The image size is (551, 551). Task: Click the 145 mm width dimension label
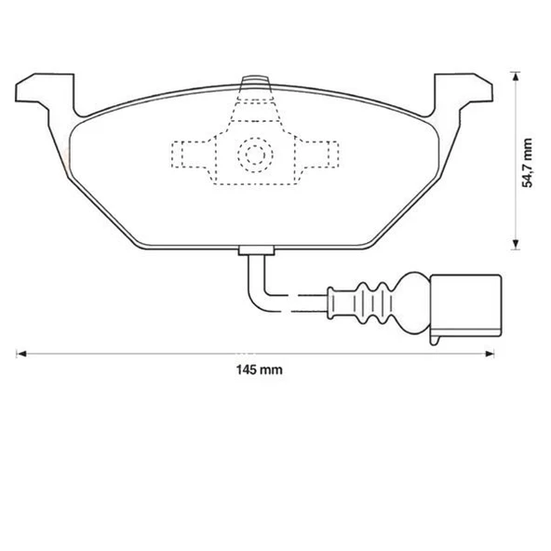(x=259, y=370)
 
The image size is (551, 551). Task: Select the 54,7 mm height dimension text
(x=528, y=163)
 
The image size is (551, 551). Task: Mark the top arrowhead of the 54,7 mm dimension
(x=513, y=75)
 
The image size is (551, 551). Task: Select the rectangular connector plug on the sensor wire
(x=464, y=302)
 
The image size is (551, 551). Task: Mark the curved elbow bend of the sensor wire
(x=256, y=294)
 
